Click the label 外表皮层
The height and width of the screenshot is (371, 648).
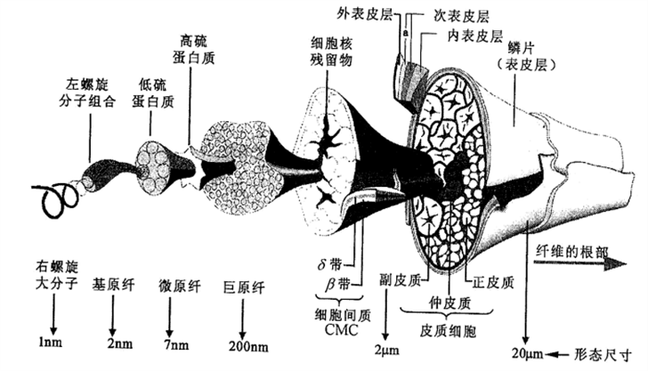tap(364, 15)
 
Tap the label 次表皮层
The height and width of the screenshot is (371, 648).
tap(462, 17)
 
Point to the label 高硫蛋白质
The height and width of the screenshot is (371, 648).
tap(194, 50)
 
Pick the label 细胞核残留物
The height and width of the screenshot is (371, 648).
tap(331, 52)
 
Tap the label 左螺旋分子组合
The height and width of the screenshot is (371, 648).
tap(87, 93)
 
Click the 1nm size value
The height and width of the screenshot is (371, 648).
tap(51, 342)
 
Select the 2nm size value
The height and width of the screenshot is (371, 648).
tap(120, 343)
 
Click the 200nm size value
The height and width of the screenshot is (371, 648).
tap(248, 346)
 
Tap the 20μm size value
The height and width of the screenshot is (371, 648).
tap(527, 353)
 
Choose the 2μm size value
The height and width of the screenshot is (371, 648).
tap(387, 351)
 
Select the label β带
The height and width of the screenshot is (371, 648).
tap(337, 285)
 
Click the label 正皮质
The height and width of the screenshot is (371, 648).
tap(493, 283)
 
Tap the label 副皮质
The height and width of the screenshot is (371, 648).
tap(400, 280)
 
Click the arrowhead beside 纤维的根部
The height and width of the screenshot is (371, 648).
tap(617, 264)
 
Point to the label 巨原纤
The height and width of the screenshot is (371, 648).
tap(244, 287)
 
